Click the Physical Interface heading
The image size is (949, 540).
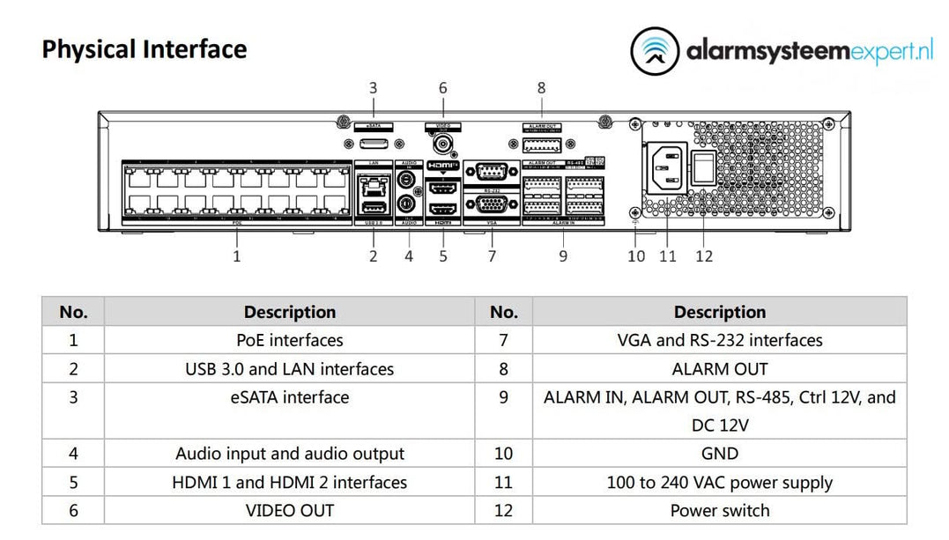(145, 49)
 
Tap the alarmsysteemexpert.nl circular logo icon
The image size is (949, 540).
(655, 50)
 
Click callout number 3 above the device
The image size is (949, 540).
(373, 88)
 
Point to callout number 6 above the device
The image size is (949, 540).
(442, 88)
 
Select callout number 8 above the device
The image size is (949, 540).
(541, 88)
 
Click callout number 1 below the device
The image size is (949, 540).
(236, 256)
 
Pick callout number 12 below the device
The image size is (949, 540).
(703, 256)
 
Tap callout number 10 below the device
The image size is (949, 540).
(636, 256)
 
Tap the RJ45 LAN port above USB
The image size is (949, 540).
(373, 184)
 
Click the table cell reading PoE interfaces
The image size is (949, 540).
(289, 340)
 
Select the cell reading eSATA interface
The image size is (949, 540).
(289, 397)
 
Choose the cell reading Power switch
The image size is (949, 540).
(719, 511)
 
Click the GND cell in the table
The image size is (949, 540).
(719, 454)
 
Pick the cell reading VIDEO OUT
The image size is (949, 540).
(289, 511)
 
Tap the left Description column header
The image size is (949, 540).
(289, 312)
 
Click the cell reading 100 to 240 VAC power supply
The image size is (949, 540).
(719, 483)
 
